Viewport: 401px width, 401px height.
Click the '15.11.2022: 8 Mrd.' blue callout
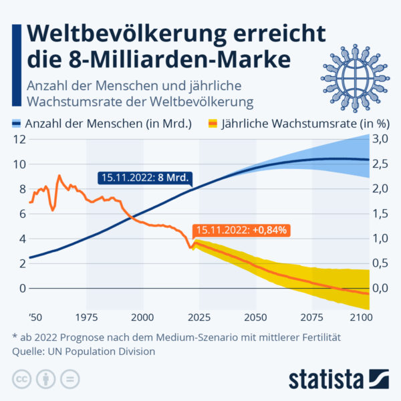(144, 178)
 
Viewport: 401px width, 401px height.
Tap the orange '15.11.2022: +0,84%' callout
(242, 230)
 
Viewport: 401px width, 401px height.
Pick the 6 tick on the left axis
(22, 214)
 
